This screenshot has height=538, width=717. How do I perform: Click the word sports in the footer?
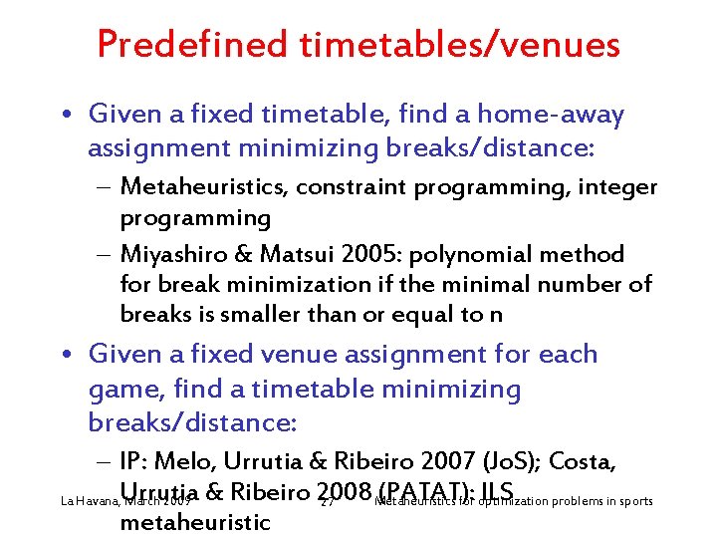(633, 500)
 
